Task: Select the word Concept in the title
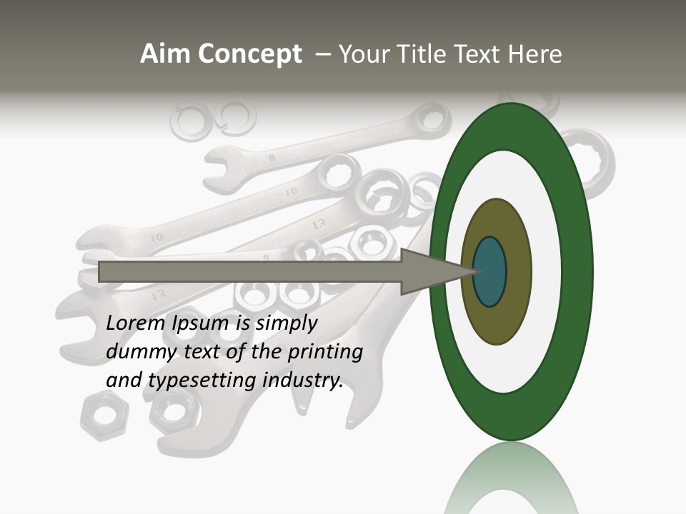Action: coord(250,54)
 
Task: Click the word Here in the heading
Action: coord(535,54)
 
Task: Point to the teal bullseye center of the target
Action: coord(490,271)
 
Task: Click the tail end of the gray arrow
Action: coord(101,271)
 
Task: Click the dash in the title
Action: coord(322,54)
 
